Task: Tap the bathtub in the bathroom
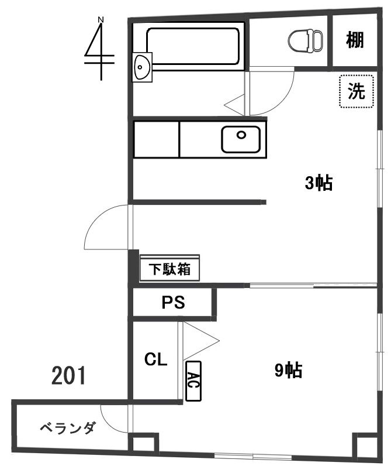(x=192, y=46)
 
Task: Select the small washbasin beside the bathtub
(x=142, y=67)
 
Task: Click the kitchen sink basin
(x=241, y=139)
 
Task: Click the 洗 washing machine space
(x=357, y=91)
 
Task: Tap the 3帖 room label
(x=319, y=183)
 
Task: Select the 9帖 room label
(x=288, y=371)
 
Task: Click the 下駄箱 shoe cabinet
(x=169, y=269)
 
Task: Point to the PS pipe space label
(x=173, y=303)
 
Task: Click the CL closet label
(x=155, y=359)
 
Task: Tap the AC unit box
(x=193, y=381)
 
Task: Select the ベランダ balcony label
(x=68, y=428)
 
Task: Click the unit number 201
(x=68, y=376)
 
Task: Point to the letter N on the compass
(x=101, y=20)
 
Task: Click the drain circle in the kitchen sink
(x=241, y=135)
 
